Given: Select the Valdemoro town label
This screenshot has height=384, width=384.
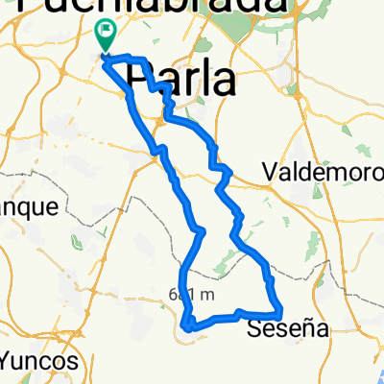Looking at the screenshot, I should tap(322, 172).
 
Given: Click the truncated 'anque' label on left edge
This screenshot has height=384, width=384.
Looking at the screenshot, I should tap(30, 206).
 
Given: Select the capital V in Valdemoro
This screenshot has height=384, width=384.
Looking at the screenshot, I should tap(270, 172).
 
